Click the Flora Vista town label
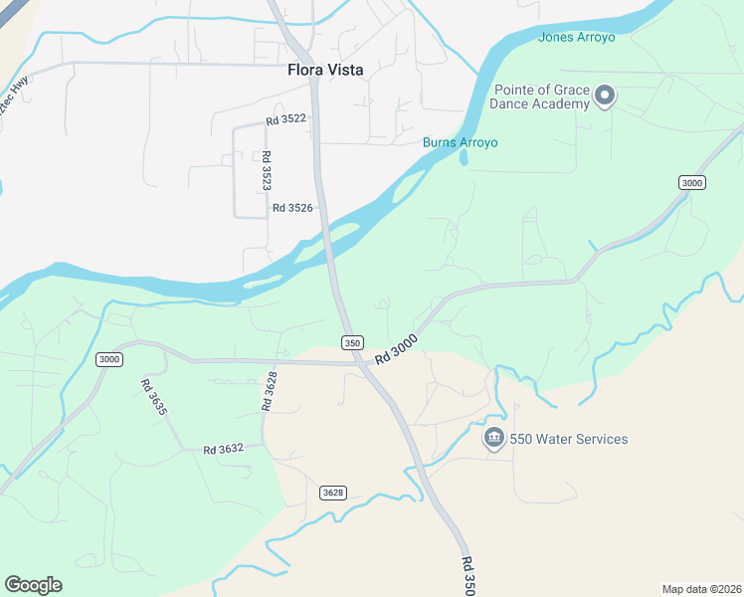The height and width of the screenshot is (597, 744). tap(325, 71)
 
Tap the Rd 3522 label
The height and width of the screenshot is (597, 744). tap(285, 119)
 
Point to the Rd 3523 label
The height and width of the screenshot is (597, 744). tap(266, 171)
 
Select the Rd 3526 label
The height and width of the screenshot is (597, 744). tap(292, 208)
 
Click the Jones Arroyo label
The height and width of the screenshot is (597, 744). tap(577, 38)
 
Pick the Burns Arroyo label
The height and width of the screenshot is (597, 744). tap(460, 142)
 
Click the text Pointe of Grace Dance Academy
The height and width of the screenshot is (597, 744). tap(542, 98)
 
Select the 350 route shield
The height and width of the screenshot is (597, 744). tap(351, 342)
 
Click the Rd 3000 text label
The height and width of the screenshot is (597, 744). tap(396, 348)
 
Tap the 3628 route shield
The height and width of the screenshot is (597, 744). tap(333, 493)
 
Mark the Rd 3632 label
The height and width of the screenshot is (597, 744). tap(224, 450)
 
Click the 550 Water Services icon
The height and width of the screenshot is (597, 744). tap(493, 439)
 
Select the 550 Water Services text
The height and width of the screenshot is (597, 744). tap(569, 439)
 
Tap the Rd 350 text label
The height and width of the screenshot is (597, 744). tap(469, 576)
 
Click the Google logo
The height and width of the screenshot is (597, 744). tap(33, 585)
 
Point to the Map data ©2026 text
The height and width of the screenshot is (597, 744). tap(701, 588)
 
